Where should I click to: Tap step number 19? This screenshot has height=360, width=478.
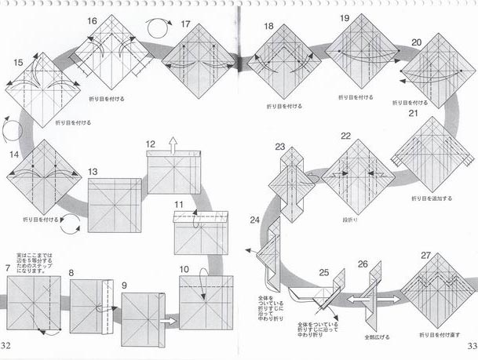coord(345,17)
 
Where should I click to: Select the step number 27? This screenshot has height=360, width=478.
coord(425,255)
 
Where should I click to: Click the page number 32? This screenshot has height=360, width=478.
coord(6,345)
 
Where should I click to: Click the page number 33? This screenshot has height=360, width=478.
coord(471,345)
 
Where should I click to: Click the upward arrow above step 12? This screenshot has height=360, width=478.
coord(173,143)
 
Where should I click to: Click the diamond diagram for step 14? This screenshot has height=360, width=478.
coord(40,172)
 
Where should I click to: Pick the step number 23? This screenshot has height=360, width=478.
coord(280,147)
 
